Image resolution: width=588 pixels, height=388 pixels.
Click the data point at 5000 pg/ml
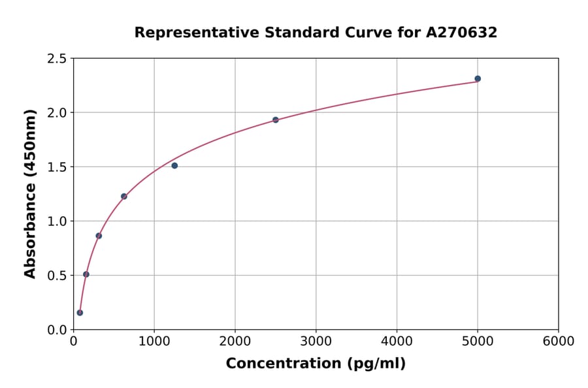click(x=478, y=79)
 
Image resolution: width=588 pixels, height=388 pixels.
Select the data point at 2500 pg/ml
click(x=276, y=120)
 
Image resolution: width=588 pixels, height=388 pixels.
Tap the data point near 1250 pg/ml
click(x=174, y=166)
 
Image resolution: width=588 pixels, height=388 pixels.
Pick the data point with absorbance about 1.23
click(x=124, y=197)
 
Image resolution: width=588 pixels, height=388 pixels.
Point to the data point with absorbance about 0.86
click(x=99, y=236)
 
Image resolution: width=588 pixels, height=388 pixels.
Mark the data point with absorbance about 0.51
click(x=86, y=274)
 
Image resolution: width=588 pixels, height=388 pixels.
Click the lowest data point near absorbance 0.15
click(x=80, y=313)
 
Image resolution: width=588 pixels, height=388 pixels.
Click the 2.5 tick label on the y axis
click(x=56, y=59)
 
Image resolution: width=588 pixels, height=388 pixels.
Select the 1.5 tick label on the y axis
click(x=56, y=167)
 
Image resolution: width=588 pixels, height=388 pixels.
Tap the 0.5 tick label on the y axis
click(x=56, y=276)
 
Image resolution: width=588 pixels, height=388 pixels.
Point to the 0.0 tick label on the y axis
click(x=56, y=330)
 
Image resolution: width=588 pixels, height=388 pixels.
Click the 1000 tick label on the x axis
click(x=154, y=342)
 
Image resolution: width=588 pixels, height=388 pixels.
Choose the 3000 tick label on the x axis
click(x=316, y=342)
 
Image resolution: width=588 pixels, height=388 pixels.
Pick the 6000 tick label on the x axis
click(x=558, y=342)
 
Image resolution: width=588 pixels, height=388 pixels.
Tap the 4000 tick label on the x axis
click(x=397, y=342)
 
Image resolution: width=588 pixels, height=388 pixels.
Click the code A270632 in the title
click(x=462, y=33)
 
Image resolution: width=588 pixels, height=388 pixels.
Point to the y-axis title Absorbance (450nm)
click(x=30, y=193)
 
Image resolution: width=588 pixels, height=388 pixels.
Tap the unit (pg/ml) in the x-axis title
click(x=378, y=364)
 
